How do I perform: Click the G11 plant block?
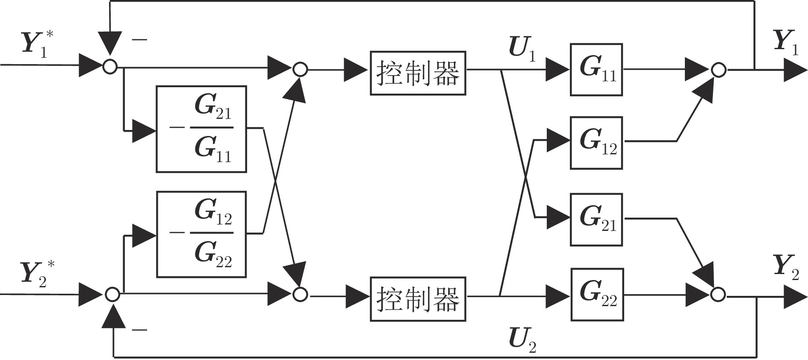[x=596, y=69]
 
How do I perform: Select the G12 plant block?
[x=596, y=142]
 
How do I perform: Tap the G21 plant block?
[x=596, y=219]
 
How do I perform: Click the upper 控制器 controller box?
[x=418, y=73]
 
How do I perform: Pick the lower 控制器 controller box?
[x=418, y=299]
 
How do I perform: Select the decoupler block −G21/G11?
[x=201, y=129]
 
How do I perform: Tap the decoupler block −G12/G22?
[x=201, y=234]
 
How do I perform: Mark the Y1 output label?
[x=786, y=42]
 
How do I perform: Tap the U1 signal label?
[x=522, y=50]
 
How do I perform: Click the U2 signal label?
[x=522, y=340]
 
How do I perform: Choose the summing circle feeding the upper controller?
[x=300, y=69]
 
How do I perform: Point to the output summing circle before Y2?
[x=718, y=294]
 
